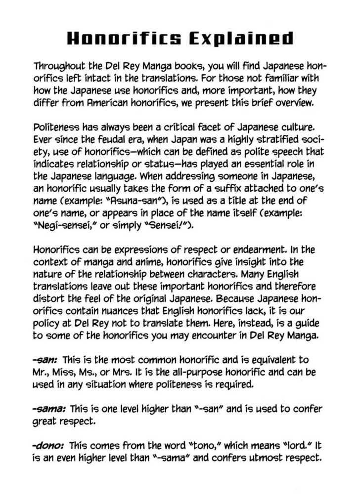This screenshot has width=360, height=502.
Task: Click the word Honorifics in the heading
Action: (125, 39)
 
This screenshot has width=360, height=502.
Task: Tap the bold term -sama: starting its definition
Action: (50, 409)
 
